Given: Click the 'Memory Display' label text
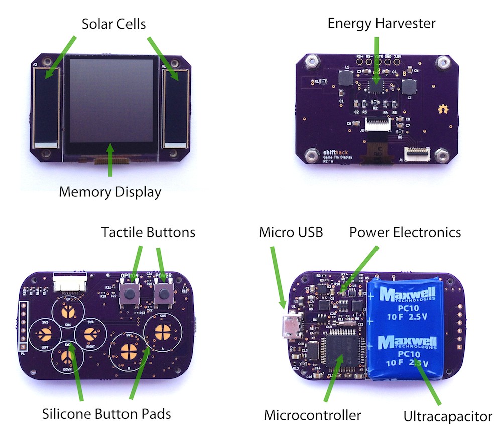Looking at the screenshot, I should (110, 192).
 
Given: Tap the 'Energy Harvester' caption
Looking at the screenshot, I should (382, 23).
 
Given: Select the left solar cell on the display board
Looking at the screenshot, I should (46, 105).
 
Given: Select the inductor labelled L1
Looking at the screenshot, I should (346, 77).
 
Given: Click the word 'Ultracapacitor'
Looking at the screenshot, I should (447, 416).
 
